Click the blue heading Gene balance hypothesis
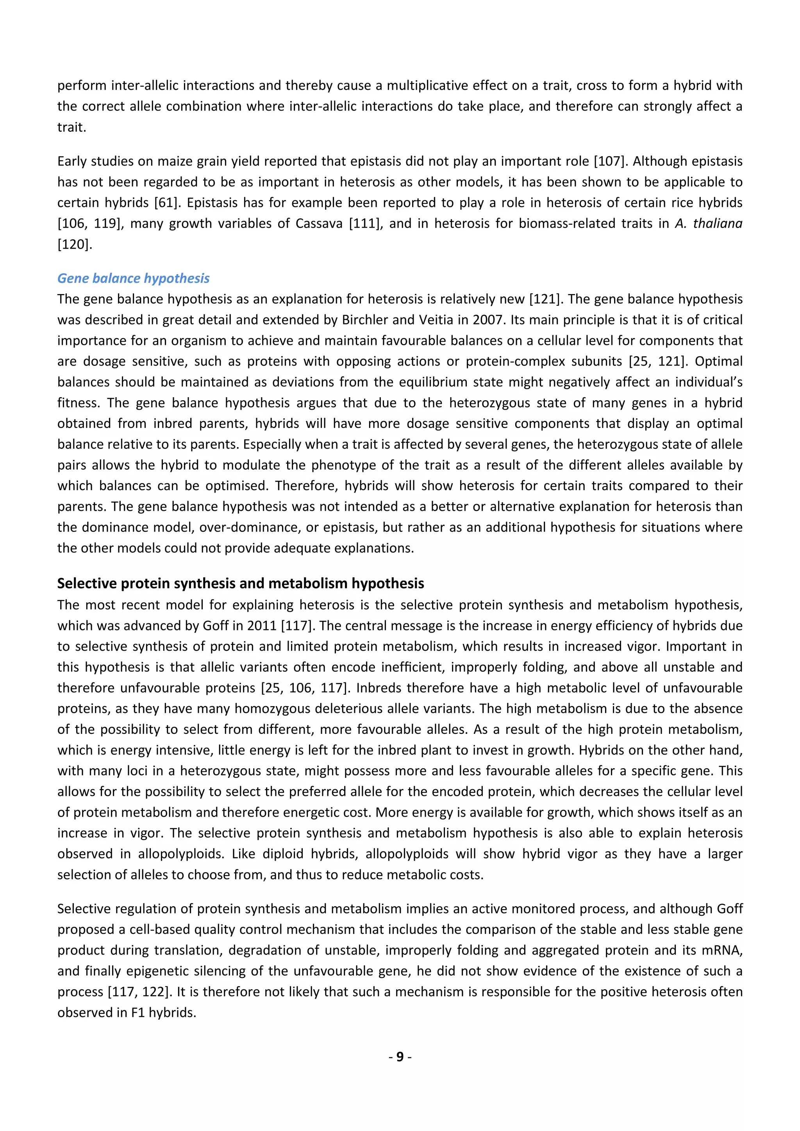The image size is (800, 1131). point(134,278)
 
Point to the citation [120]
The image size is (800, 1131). point(74,244)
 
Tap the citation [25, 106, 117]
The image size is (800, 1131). point(305,688)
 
